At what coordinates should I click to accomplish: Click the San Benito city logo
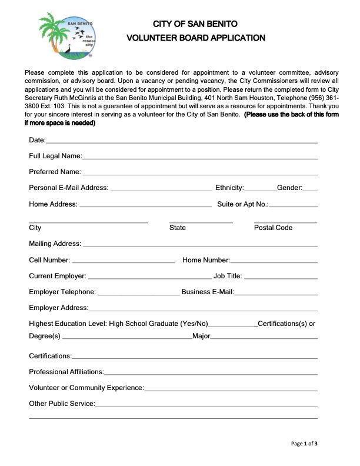pyautogui.click(x=65, y=36)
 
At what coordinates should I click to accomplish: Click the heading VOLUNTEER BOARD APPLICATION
pyautogui.click(x=196, y=38)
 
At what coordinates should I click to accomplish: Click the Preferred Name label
pyautogui.click(x=55, y=172)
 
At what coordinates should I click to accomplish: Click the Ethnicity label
pyautogui.click(x=229, y=188)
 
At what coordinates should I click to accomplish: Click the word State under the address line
pyautogui.click(x=177, y=228)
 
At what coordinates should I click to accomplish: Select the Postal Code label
pyautogui.click(x=273, y=228)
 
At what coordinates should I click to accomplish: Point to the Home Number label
pyautogui.click(x=206, y=259)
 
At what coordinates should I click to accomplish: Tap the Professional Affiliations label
pyautogui.click(x=66, y=371)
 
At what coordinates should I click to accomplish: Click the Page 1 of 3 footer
pyautogui.click(x=305, y=443)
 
